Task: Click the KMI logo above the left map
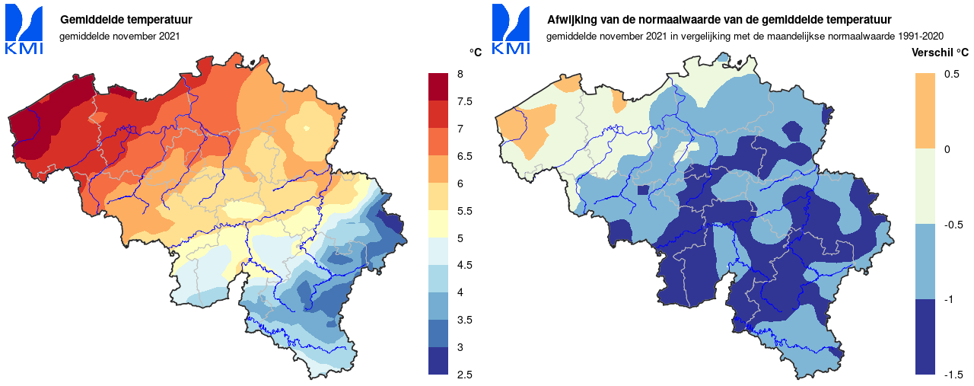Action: pyautogui.click(x=24, y=29)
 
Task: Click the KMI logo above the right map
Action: pyautogui.click(x=511, y=29)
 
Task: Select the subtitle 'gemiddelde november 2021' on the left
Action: pyautogui.click(x=119, y=36)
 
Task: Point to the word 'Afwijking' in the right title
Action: pyautogui.click(x=571, y=19)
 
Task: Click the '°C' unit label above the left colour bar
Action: pyautogui.click(x=476, y=53)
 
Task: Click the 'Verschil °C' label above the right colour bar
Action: pyautogui.click(x=940, y=53)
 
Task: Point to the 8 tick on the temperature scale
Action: pyautogui.click(x=460, y=74)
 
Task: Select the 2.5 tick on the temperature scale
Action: pyautogui.click(x=464, y=375)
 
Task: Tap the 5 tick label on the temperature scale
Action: pyautogui.click(x=460, y=238)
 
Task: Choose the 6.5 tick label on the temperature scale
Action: pyautogui.click(x=464, y=156)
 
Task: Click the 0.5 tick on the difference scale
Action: pyautogui.click(x=951, y=74)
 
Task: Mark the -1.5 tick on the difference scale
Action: pyautogui.click(x=953, y=375)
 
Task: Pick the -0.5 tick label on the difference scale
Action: pyautogui.click(x=953, y=225)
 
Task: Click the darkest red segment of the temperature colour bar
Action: pyautogui.click(x=439, y=87)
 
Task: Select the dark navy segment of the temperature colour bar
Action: pyautogui.click(x=439, y=361)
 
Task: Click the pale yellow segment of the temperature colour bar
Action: pyautogui.click(x=439, y=224)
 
